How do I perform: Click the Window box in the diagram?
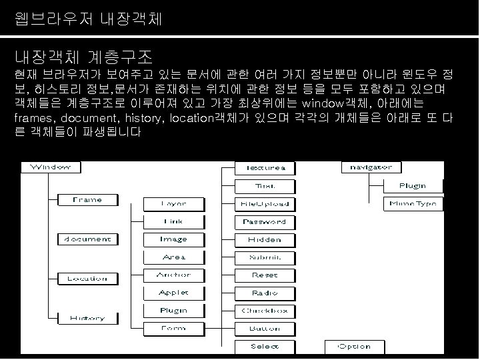47,167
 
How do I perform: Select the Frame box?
87,199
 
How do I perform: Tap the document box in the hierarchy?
87,239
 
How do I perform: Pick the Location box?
87,278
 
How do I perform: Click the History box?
87,317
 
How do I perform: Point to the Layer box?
173,203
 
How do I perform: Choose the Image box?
173,239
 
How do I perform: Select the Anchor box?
173,275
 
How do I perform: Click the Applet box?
173,293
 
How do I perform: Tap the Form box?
173,328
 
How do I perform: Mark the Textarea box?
265,167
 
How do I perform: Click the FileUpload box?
265,203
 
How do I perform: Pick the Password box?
265,221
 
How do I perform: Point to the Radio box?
265,293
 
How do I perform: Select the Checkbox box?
265,311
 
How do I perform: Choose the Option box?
353,346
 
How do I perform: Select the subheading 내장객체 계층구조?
84,54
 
